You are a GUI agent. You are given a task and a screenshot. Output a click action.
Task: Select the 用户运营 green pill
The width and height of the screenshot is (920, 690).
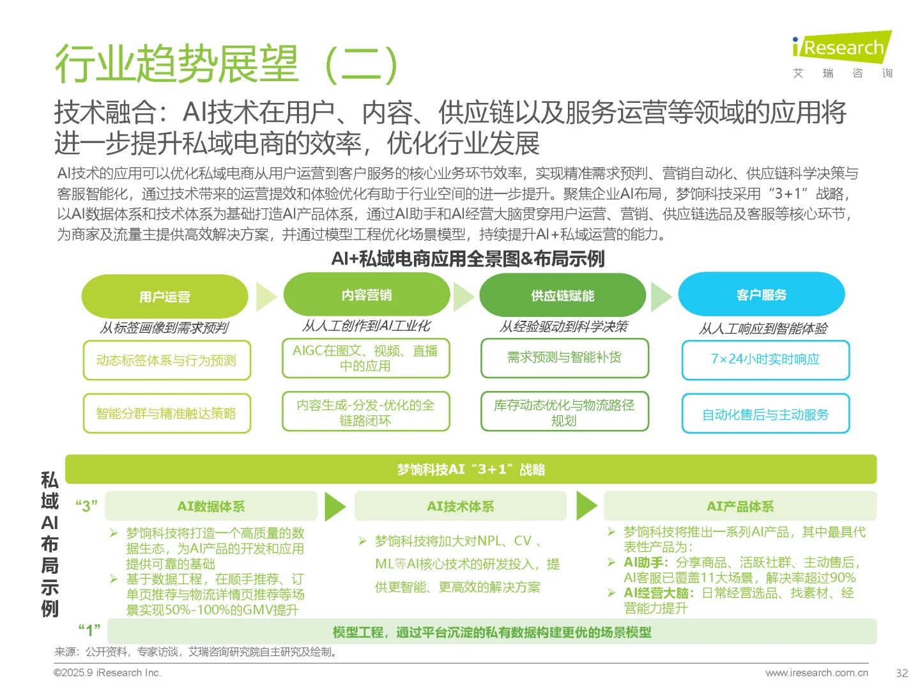[x=165, y=296]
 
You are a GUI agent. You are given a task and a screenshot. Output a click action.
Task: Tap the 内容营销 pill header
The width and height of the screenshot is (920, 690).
[x=367, y=295]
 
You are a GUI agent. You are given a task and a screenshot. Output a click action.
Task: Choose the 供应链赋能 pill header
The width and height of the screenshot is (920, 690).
[x=563, y=296]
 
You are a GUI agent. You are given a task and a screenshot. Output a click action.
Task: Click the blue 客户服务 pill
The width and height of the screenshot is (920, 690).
[x=762, y=295]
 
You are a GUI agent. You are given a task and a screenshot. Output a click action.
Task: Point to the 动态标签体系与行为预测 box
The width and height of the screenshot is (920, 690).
[x=167, y=360]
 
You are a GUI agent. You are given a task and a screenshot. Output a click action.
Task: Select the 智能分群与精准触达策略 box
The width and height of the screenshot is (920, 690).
[x=167, y=413]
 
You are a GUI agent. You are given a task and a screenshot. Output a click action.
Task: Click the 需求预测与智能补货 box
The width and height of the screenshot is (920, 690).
[x=564, y=358]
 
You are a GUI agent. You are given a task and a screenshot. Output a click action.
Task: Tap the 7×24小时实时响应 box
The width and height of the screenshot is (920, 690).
[x=765, y=360]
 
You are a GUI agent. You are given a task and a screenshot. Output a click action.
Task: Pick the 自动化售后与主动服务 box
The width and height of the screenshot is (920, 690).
[x=765, y=414]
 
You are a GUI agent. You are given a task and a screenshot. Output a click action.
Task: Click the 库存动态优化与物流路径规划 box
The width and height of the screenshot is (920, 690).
[x=564, y=412]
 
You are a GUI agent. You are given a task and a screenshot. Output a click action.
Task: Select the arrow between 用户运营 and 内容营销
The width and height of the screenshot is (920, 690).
[x=266, y=296]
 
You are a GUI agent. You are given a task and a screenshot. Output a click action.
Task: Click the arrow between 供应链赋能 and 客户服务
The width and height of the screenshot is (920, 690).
[x=661, y=296]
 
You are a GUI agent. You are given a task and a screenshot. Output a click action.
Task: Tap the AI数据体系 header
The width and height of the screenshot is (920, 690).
[x=211, y=506]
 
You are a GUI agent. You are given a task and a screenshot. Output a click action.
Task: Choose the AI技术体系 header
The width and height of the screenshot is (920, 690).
[x=460, y=506]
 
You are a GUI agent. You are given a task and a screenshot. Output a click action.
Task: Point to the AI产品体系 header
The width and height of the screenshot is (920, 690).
[x=740, y=506]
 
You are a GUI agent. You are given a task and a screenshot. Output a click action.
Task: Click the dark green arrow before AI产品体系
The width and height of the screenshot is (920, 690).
[x=586, y=506]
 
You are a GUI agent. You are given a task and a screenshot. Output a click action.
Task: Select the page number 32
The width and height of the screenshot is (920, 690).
[x=901, y=673]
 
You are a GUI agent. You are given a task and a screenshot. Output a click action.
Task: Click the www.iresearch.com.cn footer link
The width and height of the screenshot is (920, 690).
[x=816, y=673]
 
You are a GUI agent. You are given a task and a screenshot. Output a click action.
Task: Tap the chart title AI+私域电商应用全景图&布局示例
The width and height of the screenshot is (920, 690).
[x=468, y=259]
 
